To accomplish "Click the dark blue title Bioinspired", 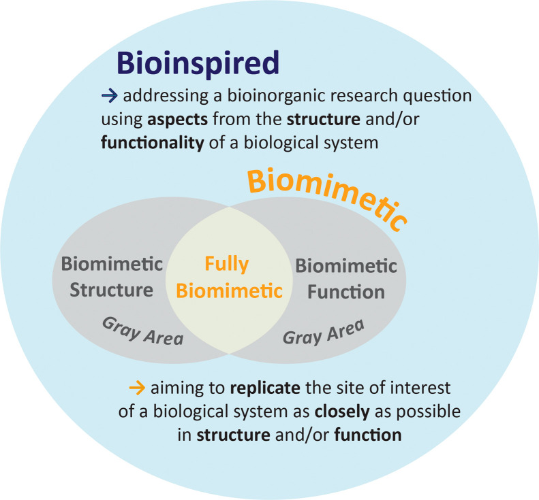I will [198, 63].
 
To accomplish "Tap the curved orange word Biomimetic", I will [327, 197].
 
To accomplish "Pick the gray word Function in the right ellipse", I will [346, 292].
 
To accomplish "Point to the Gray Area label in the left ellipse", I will [142, 330].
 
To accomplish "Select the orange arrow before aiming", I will [137, 389].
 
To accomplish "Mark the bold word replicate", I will [264, 390].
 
